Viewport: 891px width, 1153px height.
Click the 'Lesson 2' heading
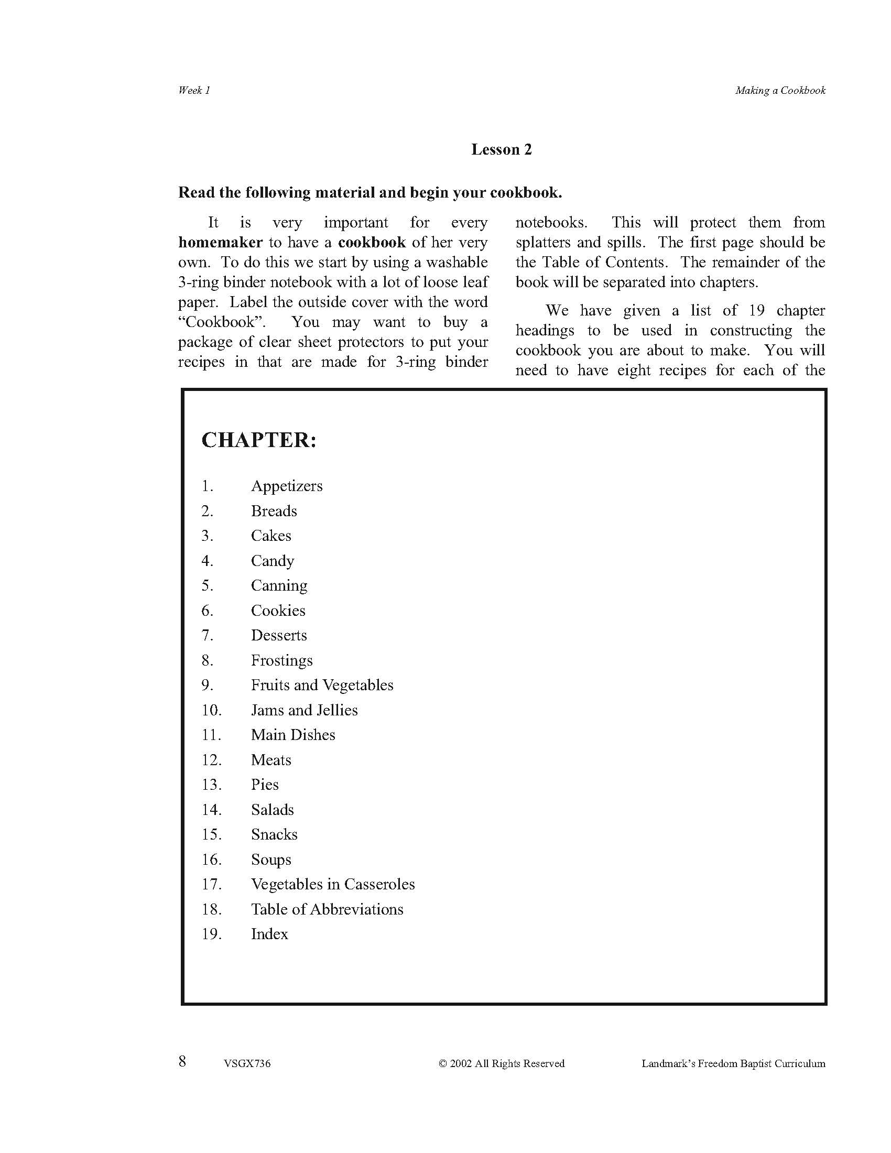(x=502, y=150)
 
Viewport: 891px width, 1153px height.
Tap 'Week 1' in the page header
(x=194, y=90)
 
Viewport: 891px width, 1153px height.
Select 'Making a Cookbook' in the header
(x=780, y=90)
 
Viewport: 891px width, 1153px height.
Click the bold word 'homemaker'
(x=220, y=242)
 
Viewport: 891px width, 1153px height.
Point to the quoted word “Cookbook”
(x=222, y=322)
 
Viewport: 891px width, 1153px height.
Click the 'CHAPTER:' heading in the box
(x=258, y=440)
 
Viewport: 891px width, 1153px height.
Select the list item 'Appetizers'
(x=287, y=486)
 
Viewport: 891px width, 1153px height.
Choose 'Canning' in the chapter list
(x=279, y=585)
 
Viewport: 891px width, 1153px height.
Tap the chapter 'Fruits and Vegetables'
(x=322, y=685)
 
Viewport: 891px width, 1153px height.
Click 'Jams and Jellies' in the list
(x=304, y=710)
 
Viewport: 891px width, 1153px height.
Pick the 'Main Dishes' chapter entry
(x=293, y=735)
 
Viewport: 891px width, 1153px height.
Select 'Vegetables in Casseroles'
(x=332, y=884)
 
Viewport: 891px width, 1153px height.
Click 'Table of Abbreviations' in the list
(x=327, y=909)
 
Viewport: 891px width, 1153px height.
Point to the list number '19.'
(x=211, y=934)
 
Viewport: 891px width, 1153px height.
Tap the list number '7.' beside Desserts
(x=208, y=635)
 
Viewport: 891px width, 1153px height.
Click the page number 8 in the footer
(x=182, y=1062)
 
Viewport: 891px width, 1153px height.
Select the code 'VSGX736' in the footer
(x=247, y=1064)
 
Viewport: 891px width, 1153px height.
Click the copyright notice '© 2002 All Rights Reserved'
(x=502, y=1064)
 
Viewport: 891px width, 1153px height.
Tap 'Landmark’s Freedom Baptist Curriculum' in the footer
(x=733, y=1064)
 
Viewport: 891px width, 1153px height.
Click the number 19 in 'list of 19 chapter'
(x=756, y=310)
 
